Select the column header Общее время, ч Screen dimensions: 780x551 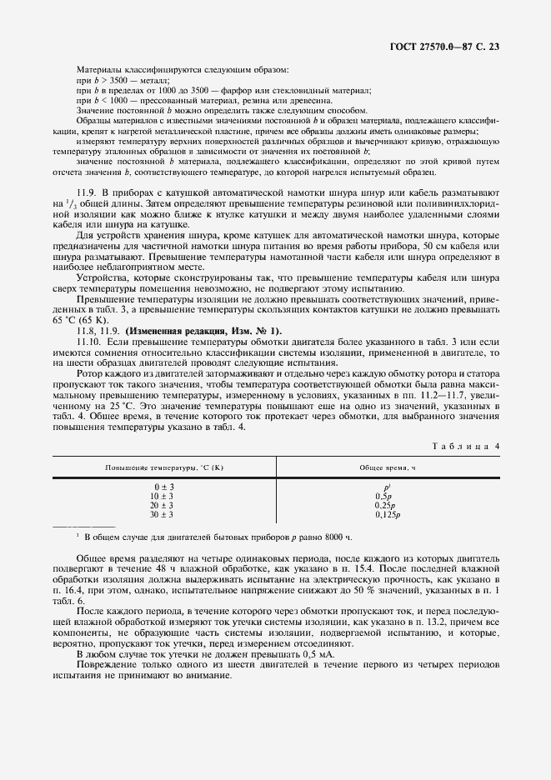click(x=387, y=467)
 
